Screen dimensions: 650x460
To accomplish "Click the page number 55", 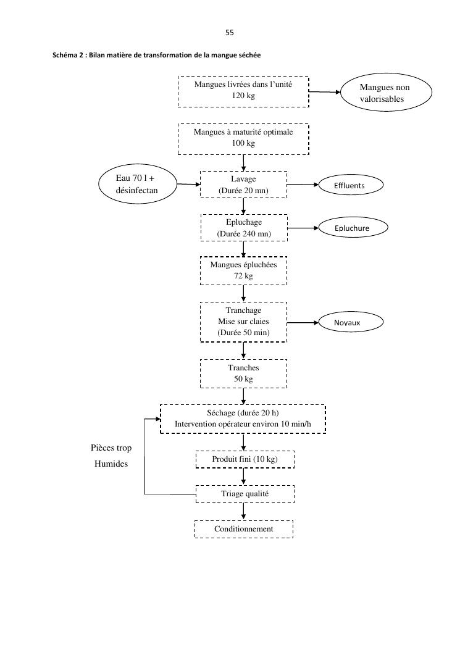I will [x=230, y=33].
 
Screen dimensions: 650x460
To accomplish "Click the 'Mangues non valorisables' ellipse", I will [x=385, y=93].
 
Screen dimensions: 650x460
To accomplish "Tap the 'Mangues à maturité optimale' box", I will [x=243, y=138].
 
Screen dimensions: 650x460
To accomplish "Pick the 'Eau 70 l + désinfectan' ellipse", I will [x=137, y=184].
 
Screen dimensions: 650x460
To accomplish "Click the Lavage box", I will [x=243, y=185].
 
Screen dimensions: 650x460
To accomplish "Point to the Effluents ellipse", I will [x=349, y=185].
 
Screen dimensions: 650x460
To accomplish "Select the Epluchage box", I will [x=243, y=227].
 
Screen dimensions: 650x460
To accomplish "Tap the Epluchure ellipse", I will [x=352, y=228].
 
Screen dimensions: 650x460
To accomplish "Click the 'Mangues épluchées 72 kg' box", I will [x=243, y=270].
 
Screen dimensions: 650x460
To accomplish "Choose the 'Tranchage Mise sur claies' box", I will [x=243, y=322].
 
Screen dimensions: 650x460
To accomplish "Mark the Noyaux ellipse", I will [x=351, y=322].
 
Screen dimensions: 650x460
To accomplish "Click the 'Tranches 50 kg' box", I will [x=243, y=373].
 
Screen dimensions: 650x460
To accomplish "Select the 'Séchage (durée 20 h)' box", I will [x=243, y=419].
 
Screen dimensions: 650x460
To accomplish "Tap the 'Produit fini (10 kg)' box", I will [x=245, y=460].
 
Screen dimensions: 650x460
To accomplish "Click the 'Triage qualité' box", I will [x=245, y=494].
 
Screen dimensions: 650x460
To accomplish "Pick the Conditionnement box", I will [x=243, y=529].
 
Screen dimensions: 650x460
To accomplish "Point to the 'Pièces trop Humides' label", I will [x=111, y=456].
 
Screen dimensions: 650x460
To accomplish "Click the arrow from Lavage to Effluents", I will [x=303, y=185].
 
